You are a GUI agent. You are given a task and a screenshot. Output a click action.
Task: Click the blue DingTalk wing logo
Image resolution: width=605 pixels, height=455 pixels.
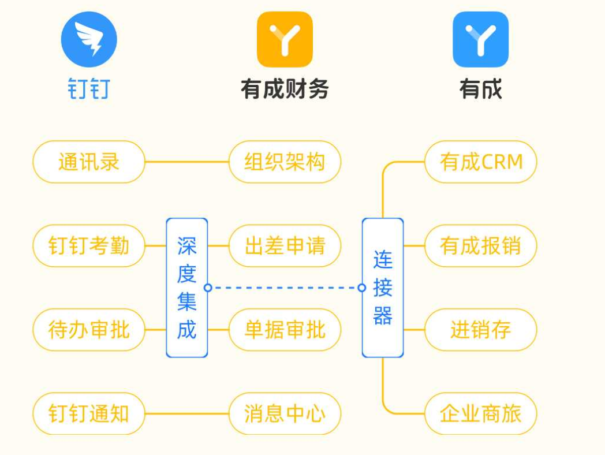89,39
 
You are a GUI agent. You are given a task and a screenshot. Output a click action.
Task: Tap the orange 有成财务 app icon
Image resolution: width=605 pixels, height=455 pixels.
285,39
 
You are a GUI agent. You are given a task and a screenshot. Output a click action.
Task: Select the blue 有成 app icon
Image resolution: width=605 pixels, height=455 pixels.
480,39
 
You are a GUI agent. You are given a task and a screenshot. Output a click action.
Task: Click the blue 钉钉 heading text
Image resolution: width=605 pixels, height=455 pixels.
89,89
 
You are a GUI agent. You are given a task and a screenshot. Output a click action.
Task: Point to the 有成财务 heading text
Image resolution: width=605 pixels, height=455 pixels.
285,89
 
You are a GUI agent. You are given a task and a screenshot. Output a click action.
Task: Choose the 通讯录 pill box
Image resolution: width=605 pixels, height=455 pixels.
89,162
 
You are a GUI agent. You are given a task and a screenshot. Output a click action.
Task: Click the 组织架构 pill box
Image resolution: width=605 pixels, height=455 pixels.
285,162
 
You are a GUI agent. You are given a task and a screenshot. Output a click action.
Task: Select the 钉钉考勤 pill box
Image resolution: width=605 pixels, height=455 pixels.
89,246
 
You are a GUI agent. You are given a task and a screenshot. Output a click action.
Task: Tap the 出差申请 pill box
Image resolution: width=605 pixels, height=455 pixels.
285,246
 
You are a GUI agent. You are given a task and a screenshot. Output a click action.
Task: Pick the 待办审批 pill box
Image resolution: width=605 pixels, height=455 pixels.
89,330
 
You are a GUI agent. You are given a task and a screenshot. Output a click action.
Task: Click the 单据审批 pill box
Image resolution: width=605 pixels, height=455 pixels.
285,330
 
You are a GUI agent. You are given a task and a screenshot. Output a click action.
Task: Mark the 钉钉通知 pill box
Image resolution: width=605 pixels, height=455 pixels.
89,413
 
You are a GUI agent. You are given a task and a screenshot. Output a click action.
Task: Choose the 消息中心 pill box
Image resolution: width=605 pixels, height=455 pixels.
285,413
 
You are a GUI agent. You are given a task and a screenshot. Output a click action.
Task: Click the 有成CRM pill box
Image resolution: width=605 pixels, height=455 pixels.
481,162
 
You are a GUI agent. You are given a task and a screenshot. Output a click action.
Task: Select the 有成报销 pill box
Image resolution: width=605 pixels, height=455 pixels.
481,246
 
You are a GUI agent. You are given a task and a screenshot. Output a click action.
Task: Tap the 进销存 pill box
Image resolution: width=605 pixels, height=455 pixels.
481,330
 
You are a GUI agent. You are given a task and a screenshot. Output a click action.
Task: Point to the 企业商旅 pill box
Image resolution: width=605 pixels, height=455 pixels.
481,413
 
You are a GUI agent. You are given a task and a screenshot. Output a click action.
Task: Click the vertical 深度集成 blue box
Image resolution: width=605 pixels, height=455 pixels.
186,288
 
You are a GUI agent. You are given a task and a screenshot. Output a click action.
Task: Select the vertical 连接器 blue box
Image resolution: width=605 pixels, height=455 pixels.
383,288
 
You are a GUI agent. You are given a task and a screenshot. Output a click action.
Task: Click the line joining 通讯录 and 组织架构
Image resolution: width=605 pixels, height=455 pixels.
186,162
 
